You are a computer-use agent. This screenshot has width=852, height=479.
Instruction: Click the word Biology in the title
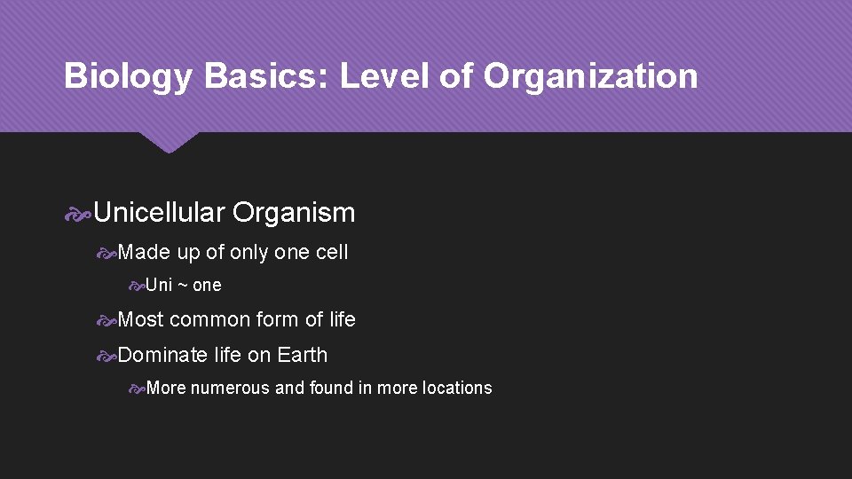(127, 77)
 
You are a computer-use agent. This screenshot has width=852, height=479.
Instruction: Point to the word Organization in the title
(590, 76)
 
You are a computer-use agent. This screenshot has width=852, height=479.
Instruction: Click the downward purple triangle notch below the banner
(169, 142)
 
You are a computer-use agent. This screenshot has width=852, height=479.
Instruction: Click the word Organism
(294, 213)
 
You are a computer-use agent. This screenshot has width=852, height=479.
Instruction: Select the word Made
(144, 253)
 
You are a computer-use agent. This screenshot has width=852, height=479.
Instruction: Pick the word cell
(332, 253)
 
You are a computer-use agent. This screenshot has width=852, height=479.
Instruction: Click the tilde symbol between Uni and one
(183, 286)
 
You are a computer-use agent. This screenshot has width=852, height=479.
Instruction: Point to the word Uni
(159, 286)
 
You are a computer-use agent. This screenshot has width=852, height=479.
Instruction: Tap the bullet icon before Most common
(106, 320)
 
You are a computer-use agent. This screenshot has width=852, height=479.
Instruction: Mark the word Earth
(302, 355)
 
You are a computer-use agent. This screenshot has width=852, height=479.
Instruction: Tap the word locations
(456, 389)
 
